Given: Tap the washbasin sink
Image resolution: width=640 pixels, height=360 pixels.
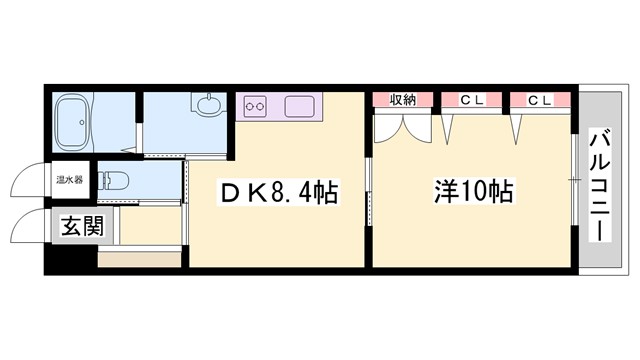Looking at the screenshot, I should [x=210, y=105].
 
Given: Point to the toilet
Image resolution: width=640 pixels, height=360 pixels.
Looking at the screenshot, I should [x=114, y=182].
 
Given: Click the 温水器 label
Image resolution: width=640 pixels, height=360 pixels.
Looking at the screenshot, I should [x=69, y=182].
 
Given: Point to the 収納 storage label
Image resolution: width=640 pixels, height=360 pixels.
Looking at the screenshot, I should [x=402, y=99].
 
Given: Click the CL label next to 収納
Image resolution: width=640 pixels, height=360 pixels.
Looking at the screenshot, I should [x=472, y=99].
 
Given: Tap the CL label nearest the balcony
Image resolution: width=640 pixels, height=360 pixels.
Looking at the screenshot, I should [x=540, y=99].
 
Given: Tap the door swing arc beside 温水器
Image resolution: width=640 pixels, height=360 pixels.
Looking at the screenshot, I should [x=28, y=183].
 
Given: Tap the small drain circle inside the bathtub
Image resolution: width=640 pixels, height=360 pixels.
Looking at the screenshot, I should [x=63, y=104].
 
